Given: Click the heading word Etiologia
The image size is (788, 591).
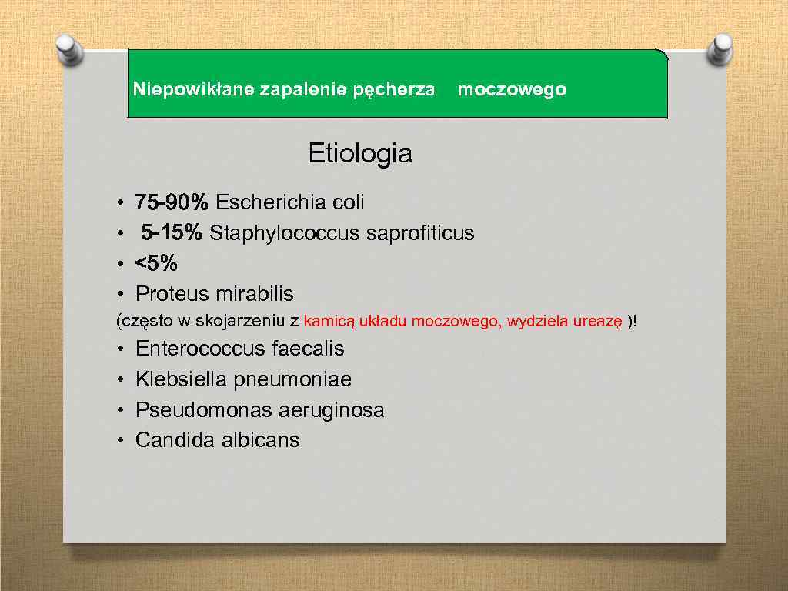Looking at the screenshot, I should coord(360,154).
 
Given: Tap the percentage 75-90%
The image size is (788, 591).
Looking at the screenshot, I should coord(171,202).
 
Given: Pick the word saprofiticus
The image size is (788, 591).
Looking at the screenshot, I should coord(420,233).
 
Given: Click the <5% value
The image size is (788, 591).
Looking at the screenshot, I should coord(156,264).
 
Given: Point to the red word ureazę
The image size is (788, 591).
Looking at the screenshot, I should coord(597,322).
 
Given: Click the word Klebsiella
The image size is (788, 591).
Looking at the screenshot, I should coord(181,379).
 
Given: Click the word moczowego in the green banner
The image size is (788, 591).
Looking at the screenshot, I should coord(512,90).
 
